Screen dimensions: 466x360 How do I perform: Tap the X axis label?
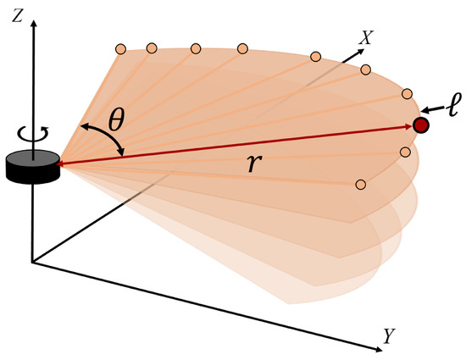click(x=368, y=37)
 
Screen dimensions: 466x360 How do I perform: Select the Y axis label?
click(x=389, y=336)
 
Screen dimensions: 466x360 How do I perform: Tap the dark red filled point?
click(x=421, y=125)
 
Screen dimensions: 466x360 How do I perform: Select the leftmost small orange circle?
click(x=119, y=47)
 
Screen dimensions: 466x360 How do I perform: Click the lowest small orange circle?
click(x=361, y=184)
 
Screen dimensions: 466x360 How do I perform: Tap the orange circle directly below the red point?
click(x=405, y=152)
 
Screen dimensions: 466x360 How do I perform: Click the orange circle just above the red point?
click(x=407, y=93)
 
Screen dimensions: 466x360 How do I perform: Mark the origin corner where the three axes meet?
click(x=33, y=263)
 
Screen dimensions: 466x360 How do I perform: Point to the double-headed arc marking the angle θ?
click(x=103, y=136)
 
